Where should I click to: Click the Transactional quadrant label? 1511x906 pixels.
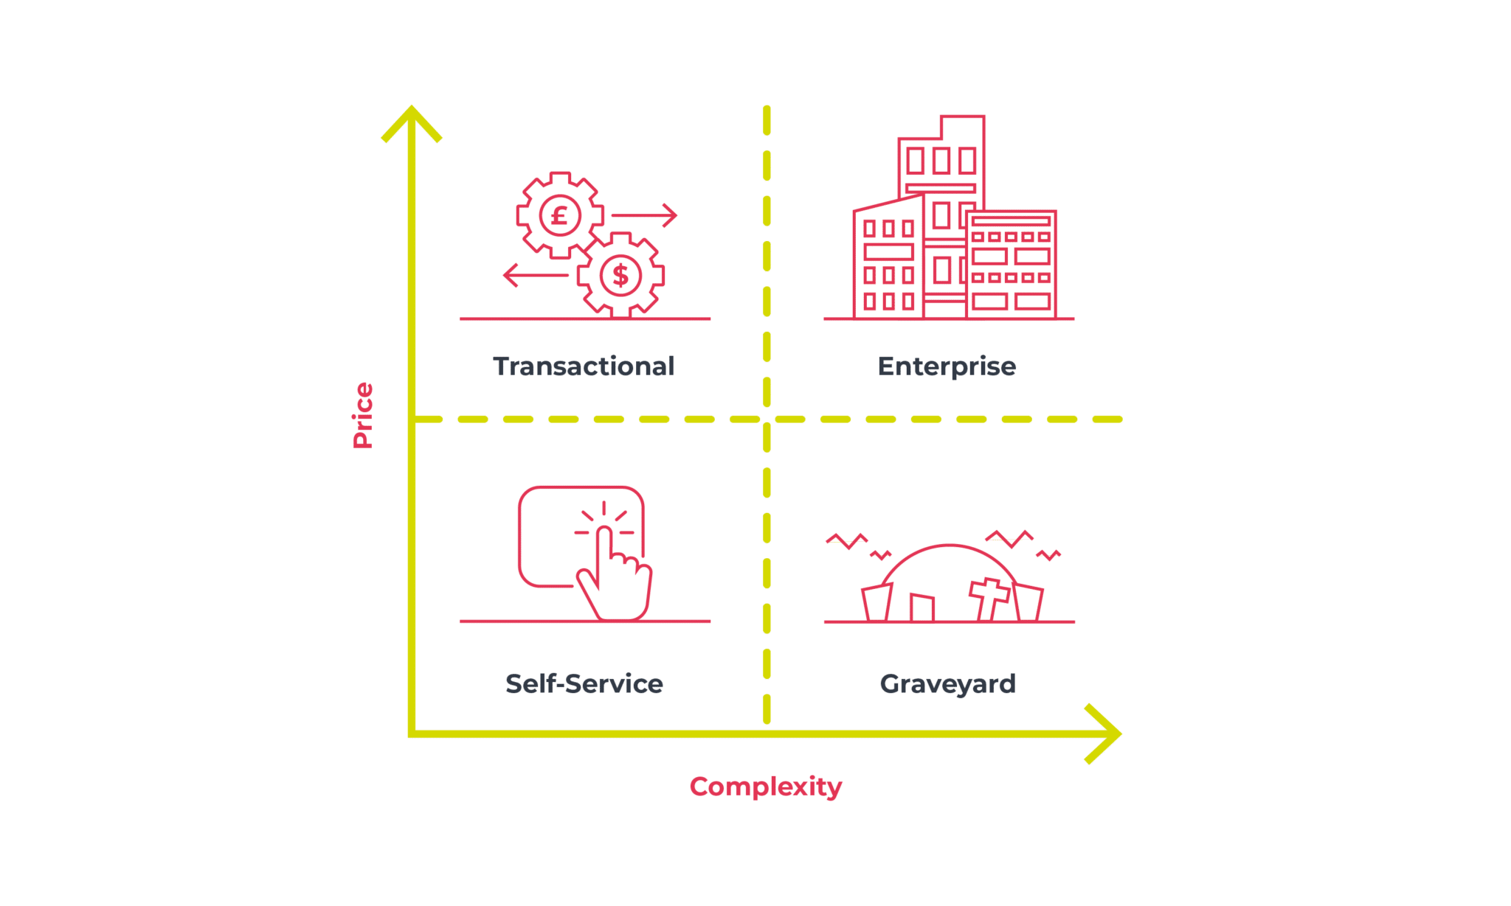[584, 366]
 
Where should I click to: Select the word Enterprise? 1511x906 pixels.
[947, 367]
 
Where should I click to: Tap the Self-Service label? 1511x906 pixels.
[584, 684]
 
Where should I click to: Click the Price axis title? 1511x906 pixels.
[362, 415]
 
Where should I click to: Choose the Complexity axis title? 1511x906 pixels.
[766, 787]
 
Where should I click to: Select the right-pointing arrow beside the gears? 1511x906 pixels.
[644, 215]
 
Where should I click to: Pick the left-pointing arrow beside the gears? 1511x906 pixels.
[536, 275]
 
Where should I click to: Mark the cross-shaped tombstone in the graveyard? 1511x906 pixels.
[989, 599]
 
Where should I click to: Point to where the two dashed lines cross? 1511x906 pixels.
[767, 419]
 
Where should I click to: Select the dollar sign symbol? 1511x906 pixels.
[620, 275]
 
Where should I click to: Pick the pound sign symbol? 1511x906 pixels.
[560, 216]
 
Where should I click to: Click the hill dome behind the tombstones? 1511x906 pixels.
[950, 546]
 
